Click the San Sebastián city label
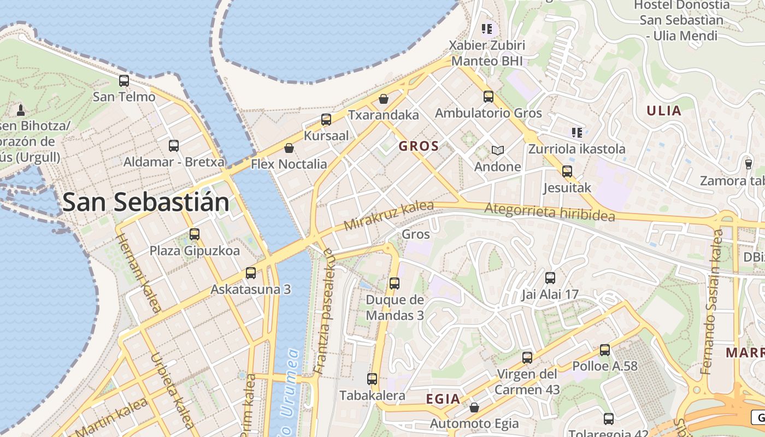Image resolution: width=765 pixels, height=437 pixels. (145, 202)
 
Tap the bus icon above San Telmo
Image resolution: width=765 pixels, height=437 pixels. (124, 81)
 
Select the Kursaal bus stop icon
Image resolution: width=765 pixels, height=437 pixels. (326, 119)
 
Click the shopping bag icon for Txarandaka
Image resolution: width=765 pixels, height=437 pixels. (384, 99)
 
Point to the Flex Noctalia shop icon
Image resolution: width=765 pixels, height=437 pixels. (289, 148)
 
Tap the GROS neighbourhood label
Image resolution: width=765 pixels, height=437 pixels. (419, 146)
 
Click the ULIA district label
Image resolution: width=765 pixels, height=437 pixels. (664, 111)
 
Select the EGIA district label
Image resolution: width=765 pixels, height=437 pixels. (443, 399)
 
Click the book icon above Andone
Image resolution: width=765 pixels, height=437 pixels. (497, 150)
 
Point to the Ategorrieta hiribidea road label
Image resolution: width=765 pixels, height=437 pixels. (549, 211)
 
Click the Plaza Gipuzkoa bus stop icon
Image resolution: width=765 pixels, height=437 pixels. (195, 234)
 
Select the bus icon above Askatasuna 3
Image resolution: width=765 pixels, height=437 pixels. (251, 273)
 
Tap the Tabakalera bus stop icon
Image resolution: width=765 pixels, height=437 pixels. (372, 379)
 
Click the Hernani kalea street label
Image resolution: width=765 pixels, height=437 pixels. (139, 273)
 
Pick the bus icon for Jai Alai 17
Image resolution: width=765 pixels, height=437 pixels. (550, 277)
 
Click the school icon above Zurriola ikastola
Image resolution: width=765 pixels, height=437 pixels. (576, 132)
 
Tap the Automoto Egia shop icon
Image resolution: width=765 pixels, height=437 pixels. (474, 408)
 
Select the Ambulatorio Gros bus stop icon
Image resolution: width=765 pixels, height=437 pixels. (489, 97)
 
